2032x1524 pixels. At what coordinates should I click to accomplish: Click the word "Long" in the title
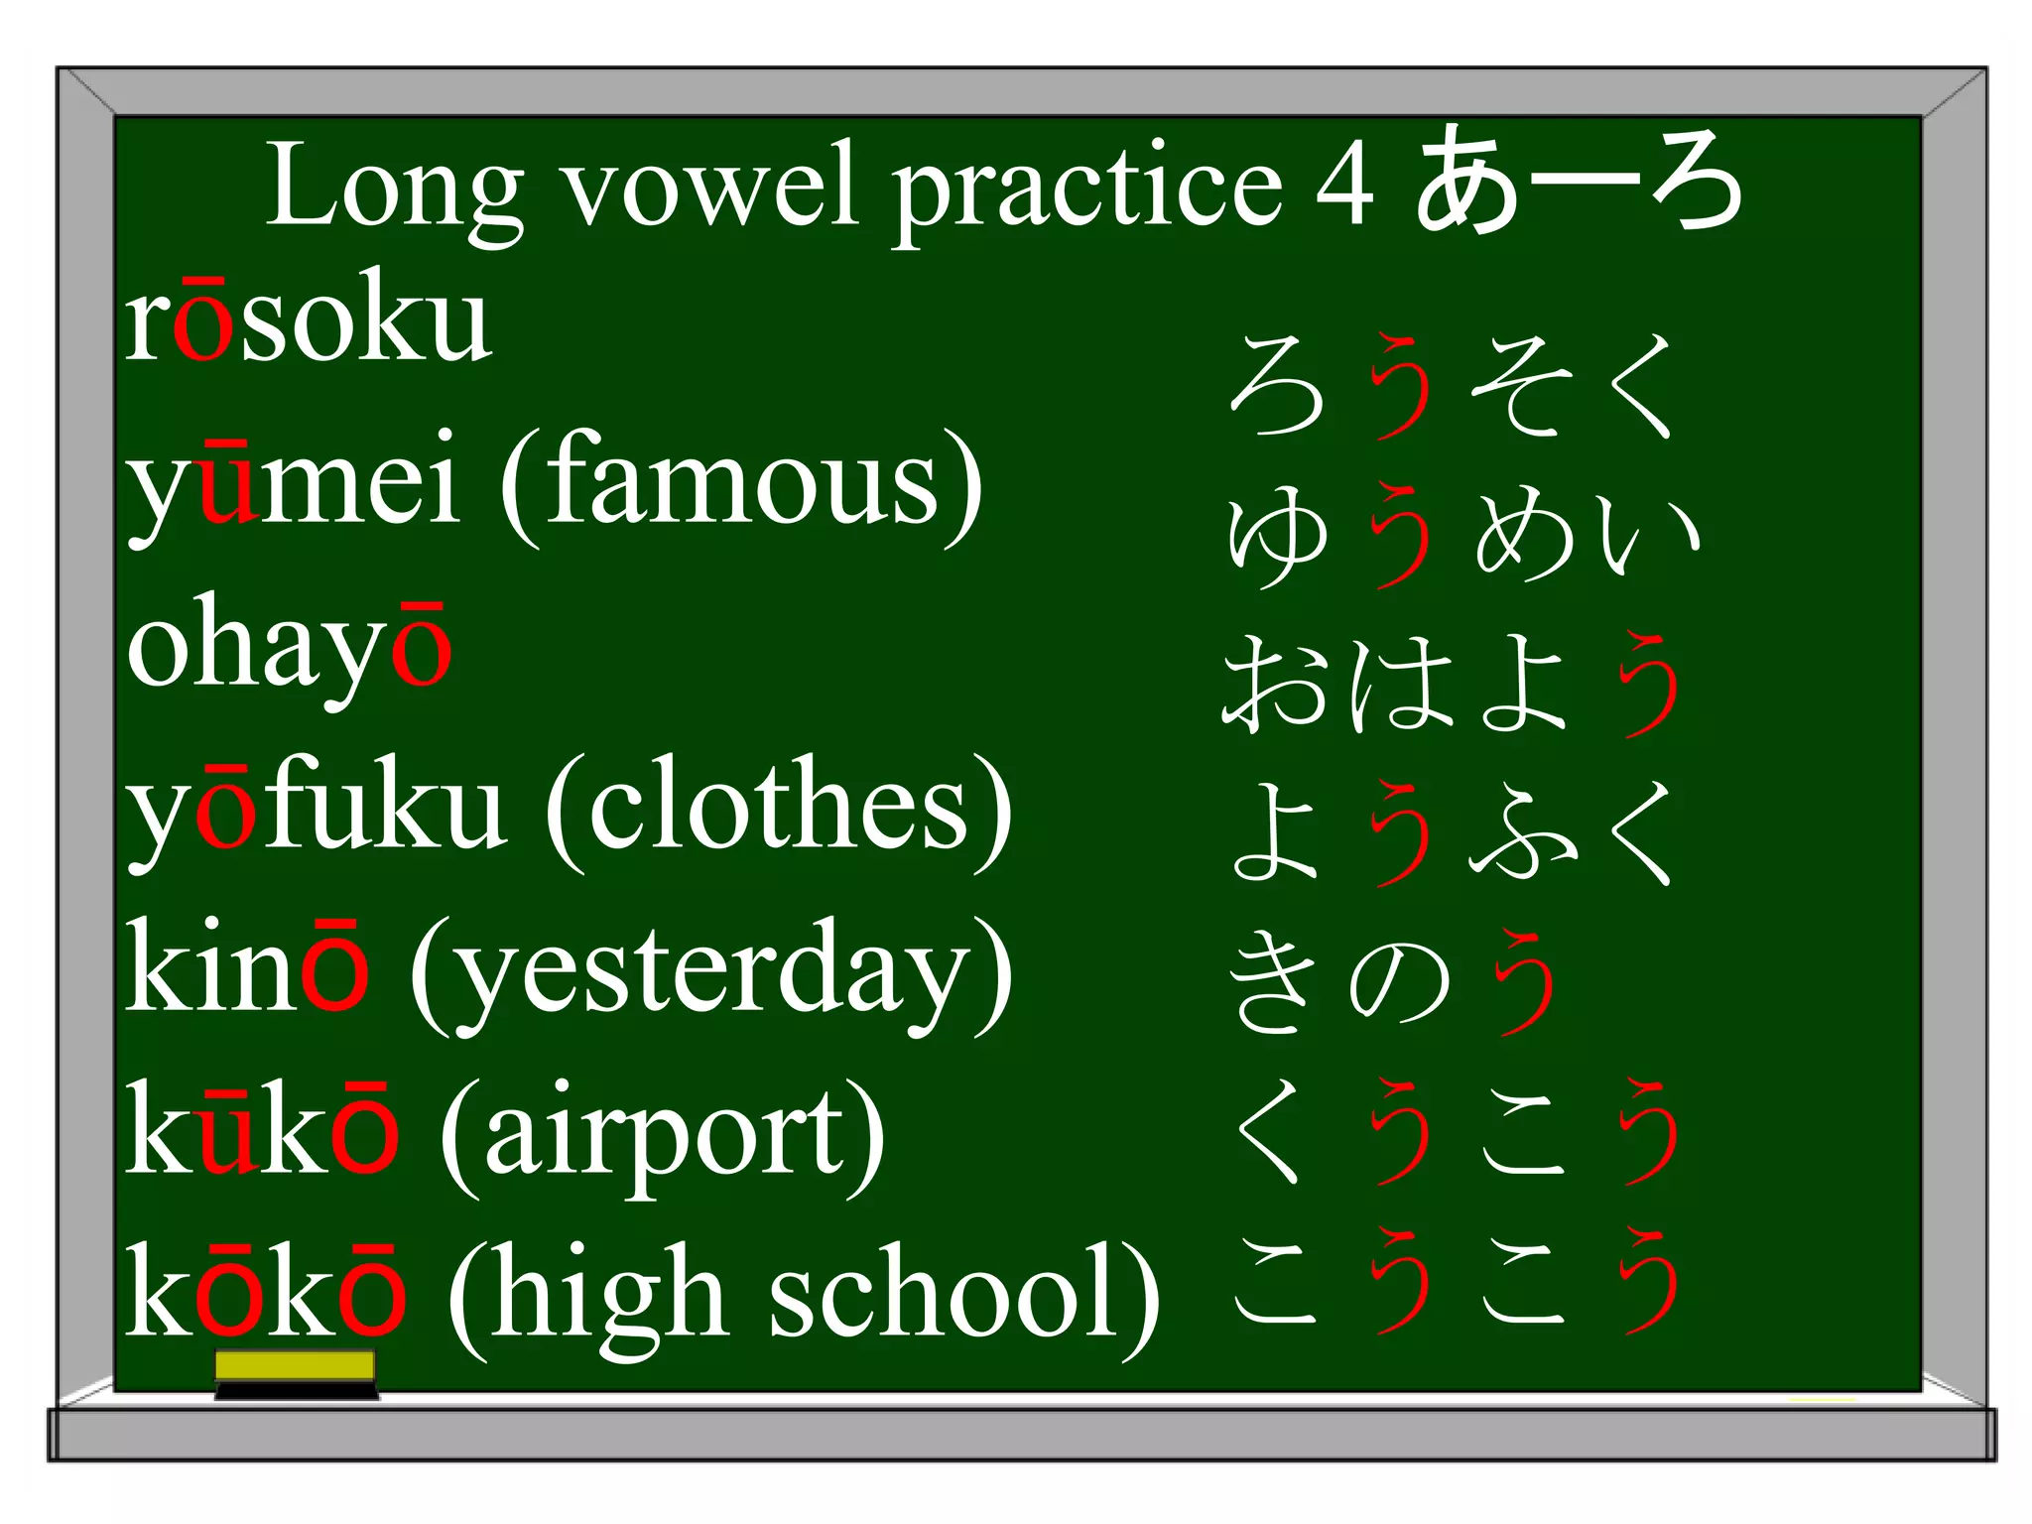[395, 189]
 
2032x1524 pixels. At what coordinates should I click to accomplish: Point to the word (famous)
[741, 486]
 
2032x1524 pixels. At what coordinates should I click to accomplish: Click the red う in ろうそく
[1401, 387]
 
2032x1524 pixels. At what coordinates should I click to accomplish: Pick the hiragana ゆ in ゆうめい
[1277, 536]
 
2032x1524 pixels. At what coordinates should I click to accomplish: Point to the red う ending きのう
[1525, 982]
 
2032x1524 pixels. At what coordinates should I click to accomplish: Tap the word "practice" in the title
[1087, 189]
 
